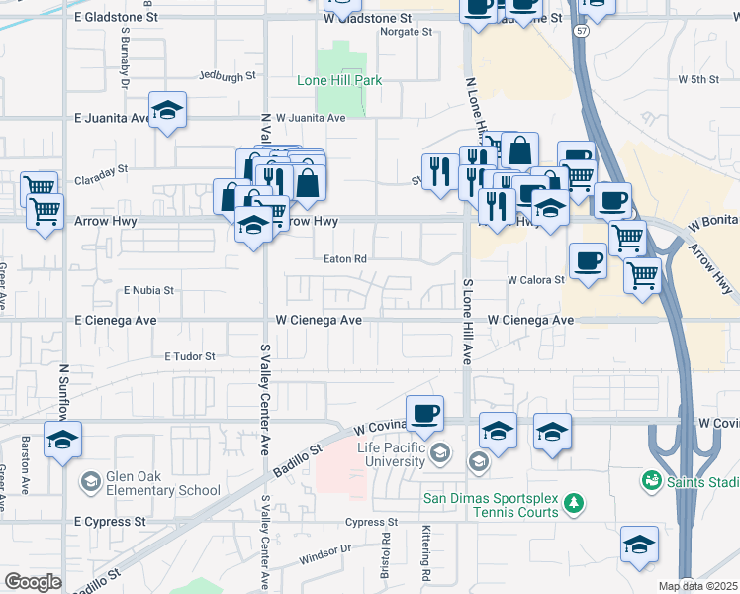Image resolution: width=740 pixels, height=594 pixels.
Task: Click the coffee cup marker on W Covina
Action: [424, 413]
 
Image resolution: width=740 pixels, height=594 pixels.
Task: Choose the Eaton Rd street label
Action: [345, 259]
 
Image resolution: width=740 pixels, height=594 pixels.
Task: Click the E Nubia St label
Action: [148, 291]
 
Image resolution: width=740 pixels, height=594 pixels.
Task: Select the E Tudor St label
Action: [190, 356]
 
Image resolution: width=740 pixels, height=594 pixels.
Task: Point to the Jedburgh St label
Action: [227, 75]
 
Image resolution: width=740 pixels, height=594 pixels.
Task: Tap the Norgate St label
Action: [408, 32]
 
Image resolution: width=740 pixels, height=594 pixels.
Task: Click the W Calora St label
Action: [536, 280]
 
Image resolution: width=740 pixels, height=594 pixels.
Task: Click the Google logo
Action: [33, 582]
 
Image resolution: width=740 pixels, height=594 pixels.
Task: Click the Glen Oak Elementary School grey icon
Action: [90, 482]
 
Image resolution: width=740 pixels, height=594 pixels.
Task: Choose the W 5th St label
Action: [697, 79]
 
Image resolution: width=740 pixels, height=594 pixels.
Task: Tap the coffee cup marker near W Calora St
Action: [589, 261]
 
